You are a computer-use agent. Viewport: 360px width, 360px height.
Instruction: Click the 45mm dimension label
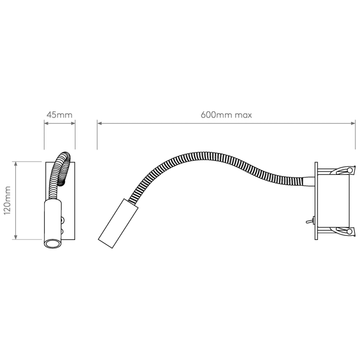click(60, 114)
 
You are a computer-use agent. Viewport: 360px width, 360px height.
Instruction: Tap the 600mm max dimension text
click(226, 114)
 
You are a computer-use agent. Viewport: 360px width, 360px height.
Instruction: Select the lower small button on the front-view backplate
click(62, 230)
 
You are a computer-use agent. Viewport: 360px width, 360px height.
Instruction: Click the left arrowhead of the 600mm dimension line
click(99, 123)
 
